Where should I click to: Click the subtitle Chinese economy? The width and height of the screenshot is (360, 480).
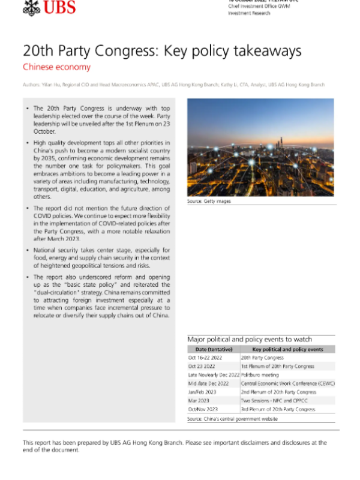pyautogui.click(x=56, y=67)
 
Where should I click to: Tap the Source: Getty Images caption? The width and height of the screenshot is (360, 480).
pyautogui.click(x=209, y=201)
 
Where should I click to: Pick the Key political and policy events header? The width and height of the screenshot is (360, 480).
pyautogui.click(x=287, y=349)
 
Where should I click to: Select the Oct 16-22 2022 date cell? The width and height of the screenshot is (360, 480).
pyautogui.click(x=206, y=358)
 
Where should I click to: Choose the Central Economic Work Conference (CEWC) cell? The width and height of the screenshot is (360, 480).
pyautogui.click(x=287, y=383)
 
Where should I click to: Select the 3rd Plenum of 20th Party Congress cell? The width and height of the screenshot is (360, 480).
pyautogui.click(x=278, y=409)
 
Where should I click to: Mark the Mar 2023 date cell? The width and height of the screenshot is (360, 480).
pyautogui.click(x=197, y=401)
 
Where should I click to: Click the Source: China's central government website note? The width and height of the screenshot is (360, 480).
pyautogui.click(x=232, y=419)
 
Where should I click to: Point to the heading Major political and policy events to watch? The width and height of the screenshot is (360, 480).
pyautogui.click(x=250, y=339)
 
